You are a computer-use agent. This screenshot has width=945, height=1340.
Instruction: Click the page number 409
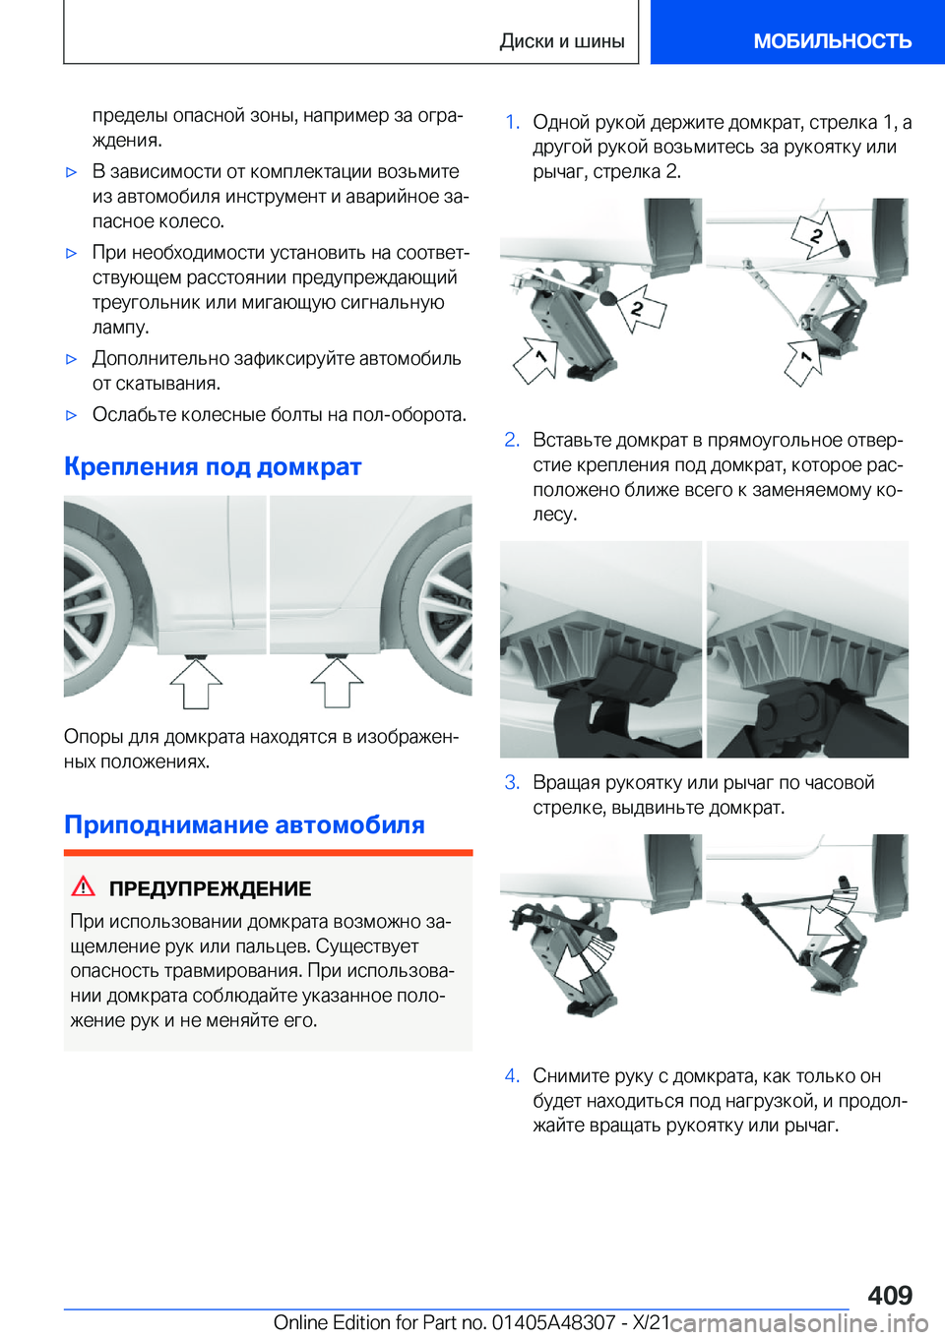pos(890,1294)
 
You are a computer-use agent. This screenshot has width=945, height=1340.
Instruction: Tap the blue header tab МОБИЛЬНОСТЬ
pos(832,41)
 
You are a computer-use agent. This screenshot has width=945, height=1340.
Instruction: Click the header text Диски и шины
pos(561,41)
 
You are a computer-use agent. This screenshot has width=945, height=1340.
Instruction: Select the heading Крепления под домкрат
pos(213,466)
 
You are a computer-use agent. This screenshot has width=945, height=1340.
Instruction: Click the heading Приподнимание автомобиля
pos(244,824)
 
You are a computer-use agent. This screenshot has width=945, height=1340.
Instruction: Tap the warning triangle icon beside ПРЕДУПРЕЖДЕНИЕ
pos(84,886)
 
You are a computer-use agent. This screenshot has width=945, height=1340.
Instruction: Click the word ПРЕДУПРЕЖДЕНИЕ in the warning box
pos(210,888)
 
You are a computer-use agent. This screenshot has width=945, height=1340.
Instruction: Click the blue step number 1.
pos(512,122)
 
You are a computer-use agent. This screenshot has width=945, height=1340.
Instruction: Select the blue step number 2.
pos(512,440)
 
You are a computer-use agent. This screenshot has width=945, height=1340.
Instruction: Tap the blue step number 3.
pos(512,782)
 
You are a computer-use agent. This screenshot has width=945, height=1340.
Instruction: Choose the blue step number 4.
pos(512,1075)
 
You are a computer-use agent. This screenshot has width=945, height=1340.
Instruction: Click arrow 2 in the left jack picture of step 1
pos(641,308)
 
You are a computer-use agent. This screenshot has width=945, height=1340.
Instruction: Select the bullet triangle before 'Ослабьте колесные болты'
pos(71,415)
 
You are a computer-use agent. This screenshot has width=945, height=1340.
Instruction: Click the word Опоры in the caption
pos(88,737)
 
